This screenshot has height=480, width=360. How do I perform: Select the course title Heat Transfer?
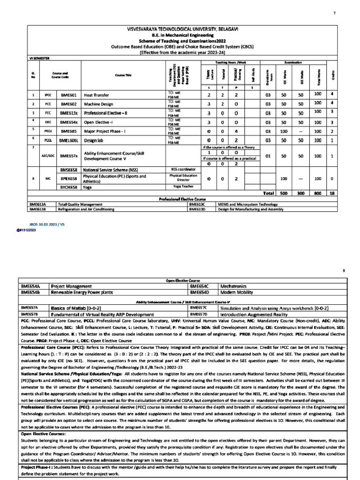coord(96,95)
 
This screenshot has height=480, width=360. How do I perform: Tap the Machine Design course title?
coord(98,104)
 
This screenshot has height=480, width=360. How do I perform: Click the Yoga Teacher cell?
coord(183,187)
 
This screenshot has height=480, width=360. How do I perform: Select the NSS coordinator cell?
coord(183,169)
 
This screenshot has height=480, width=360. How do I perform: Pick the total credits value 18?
coord(332,193)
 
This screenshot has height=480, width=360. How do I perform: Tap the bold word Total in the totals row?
coord(268,193)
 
